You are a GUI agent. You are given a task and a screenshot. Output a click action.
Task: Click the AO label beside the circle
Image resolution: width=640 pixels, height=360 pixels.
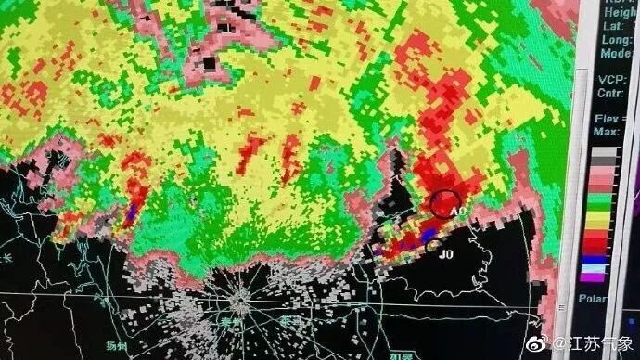coord(457,212)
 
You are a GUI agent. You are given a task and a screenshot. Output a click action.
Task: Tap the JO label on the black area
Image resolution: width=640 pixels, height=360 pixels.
coord(445,253)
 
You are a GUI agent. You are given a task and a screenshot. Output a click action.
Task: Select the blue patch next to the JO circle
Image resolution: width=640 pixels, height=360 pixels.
coord(428,237)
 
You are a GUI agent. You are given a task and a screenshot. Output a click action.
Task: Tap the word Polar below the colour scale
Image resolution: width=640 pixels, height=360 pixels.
coord(594,299)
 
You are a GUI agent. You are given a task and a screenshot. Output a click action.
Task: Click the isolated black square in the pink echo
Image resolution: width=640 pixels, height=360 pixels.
coord(210,63)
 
